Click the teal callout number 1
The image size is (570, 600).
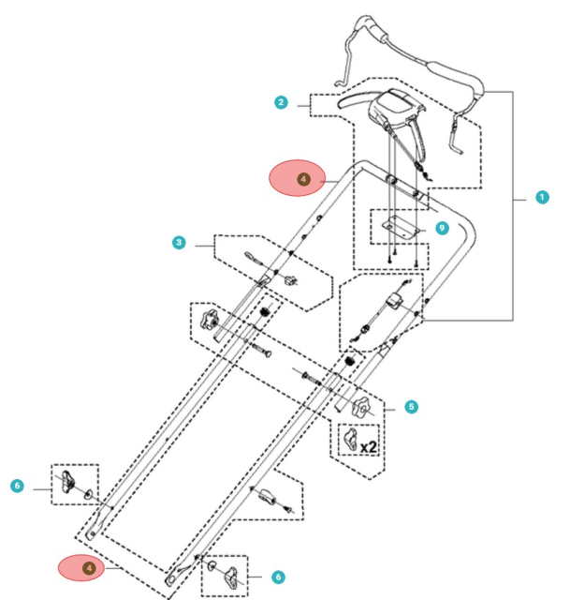click(x=541, y=198)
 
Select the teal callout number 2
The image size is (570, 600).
click(x=281, y=102)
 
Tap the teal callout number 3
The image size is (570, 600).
click(x=179, y=244)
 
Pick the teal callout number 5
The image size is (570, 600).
click(x=412, y=407)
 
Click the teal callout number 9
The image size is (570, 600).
click(x=442, y=227)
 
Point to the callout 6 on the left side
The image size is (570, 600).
click(x=16, y=487)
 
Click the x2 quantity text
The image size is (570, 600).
click(x=369, y=447)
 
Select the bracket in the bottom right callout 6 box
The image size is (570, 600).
click(x=231, y=575)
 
